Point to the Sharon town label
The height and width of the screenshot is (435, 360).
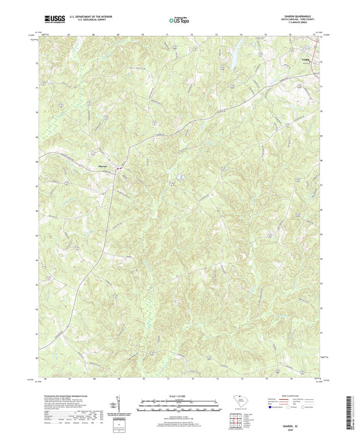click(106, 168)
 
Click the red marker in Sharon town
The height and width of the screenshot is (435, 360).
click(119, 168)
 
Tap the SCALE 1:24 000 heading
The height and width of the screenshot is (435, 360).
click(179, 395)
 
